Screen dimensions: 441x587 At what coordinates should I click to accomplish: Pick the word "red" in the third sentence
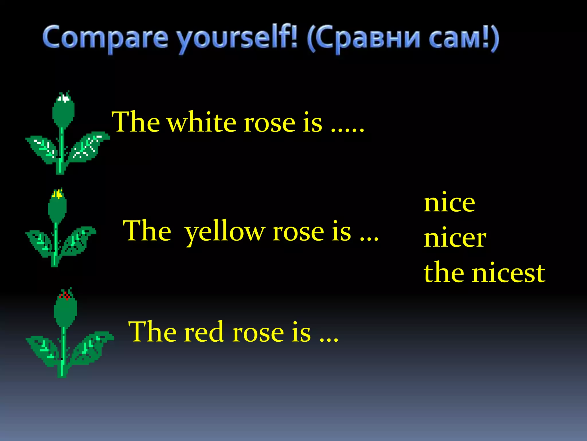pos(204,332)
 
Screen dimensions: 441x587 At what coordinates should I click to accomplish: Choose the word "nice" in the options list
pos(449,203)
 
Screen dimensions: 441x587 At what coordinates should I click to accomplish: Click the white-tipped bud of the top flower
pos(64,109)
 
